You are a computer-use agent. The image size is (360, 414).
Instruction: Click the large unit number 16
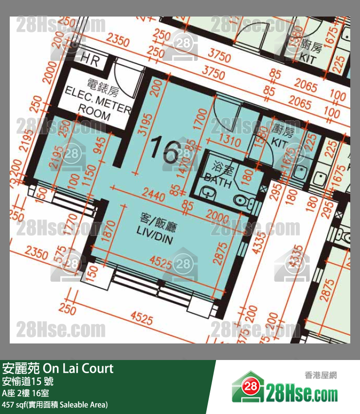point(165,150)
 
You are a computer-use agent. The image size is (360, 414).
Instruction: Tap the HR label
point(90,60)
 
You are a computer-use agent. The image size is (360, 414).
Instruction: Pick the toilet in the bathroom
point(241,199)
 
